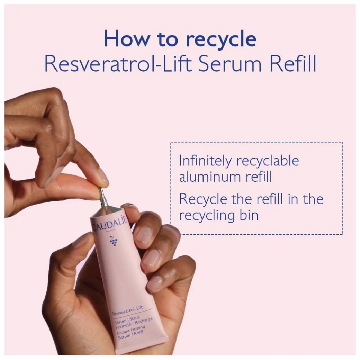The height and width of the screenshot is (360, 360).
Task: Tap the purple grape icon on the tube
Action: (x=113, y=241)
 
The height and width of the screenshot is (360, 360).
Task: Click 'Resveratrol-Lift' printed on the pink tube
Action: (x=127, y=310)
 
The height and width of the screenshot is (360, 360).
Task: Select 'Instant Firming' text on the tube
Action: (x=130, y=330)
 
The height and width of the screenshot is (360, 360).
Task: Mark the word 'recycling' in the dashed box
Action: (x=207, y=216)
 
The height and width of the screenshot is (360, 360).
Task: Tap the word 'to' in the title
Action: (x=168, y=39)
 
